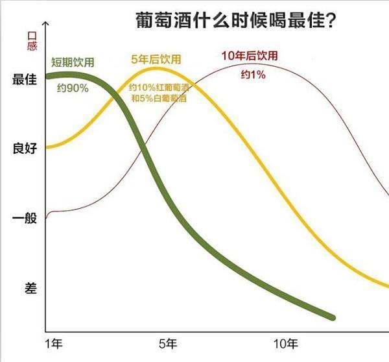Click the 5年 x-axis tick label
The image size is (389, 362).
pyautogui.click(x=167, y=343)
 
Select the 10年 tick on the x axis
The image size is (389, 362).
pyautogui.click(x=286, y=343)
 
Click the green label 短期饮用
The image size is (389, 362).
pyautogui.click(x=73, y=62)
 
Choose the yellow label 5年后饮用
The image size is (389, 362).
pyautogui.click(x=156, y=60)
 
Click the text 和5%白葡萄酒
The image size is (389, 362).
pyautogui.click(x=156, y=99)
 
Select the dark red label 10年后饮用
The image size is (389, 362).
pyautogui.click(x=250, y=56)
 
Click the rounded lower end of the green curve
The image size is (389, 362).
pyautogui.click(x=332, y=317)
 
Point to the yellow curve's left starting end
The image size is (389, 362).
pyautogui.click(x=47, y=147)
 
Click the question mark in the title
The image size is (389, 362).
pyautogui.click(x=331, y=22)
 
